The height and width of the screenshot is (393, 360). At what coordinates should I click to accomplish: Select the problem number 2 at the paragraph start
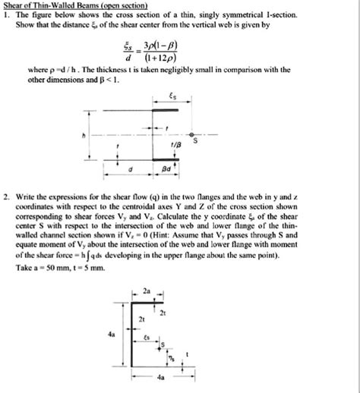click(x=6, y=196)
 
